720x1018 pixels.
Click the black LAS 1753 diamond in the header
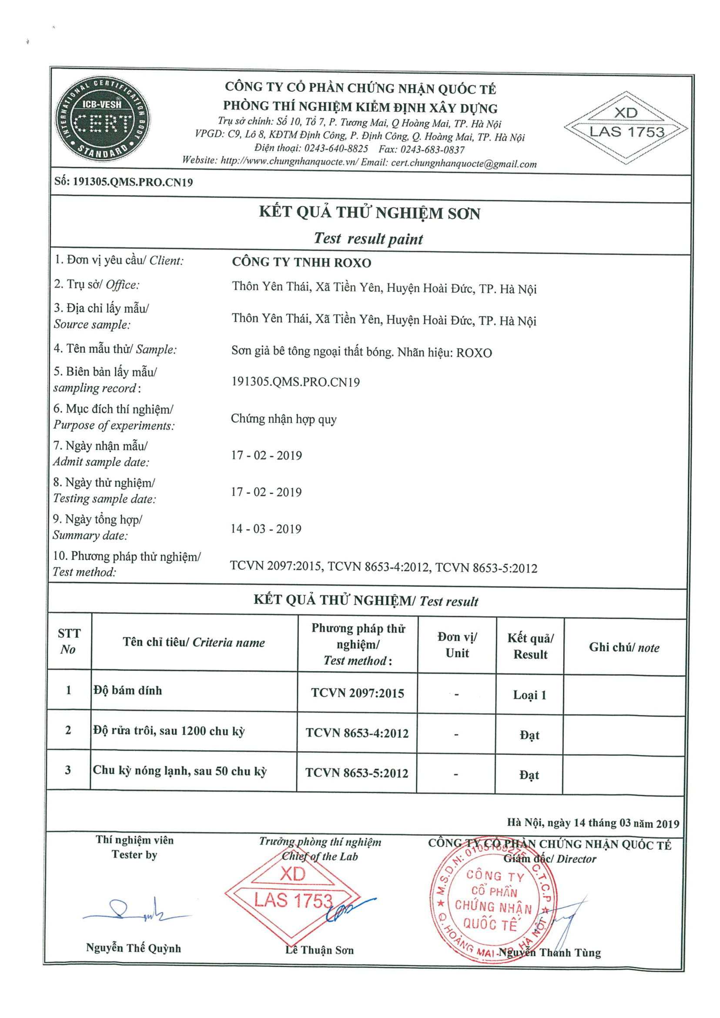click(626, 128)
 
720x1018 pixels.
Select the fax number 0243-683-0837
click(432, 149)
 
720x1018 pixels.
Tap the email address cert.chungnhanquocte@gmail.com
click(464, 164)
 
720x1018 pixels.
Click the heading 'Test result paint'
click(368, 239)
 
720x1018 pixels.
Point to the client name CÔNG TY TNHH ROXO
click(301, 262)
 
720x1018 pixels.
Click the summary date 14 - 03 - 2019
click(266, 529)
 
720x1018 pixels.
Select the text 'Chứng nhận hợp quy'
click(284, 419)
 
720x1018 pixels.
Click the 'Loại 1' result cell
click(529, 695)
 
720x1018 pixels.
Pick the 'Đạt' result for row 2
click(529, 735)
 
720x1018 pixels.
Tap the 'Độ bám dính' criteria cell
click(127, 690)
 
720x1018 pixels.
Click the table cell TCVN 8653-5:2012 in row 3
click(356, 773)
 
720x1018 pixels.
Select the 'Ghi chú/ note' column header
click(624, 647)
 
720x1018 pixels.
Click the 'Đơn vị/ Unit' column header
click(457, 645)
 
